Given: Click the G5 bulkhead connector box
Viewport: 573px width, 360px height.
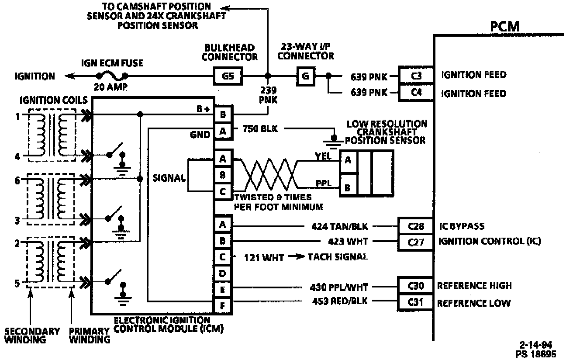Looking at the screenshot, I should pos(228,77).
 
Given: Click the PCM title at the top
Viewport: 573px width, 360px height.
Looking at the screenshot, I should pos(504,26).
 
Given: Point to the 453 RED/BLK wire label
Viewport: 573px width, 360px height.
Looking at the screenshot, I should pos(340,301).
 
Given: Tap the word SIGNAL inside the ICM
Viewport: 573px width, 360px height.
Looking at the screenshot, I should pos(169,178).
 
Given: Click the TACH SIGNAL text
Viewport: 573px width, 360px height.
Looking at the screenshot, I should pos(338,257).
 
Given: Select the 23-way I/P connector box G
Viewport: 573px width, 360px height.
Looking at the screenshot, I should pos(305,77).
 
